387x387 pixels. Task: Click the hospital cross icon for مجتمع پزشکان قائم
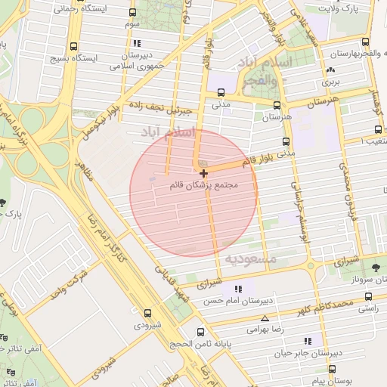(203, 174)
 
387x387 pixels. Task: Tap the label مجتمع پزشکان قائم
(215, 185)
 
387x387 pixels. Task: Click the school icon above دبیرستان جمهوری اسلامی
(137, 43)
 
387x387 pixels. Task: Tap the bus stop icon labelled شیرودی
(147, 312)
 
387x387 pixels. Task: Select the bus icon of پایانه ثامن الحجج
(200, 332)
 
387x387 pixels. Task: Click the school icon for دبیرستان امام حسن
(239, 289)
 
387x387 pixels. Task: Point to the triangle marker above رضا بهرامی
(264, 318)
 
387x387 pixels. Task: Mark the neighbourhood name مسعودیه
(250, 259)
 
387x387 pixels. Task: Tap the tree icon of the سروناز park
(376, 267)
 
